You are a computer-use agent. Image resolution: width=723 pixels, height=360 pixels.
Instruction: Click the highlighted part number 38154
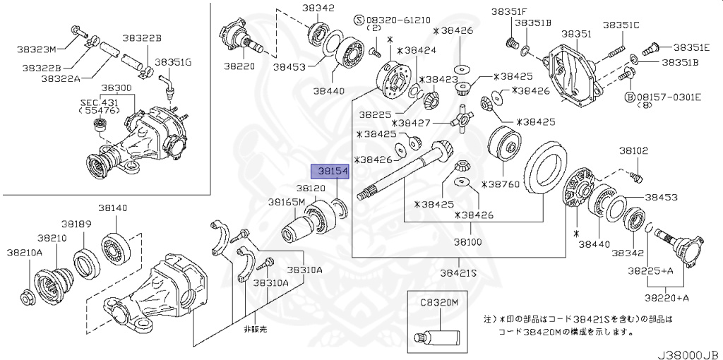[x=330, y=172]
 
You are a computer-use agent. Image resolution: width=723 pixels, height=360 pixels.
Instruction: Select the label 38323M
[x=36, y=49]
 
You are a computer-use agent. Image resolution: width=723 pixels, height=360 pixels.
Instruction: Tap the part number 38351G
[x=173, y=62]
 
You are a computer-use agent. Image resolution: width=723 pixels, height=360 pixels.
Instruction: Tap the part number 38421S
[x=458, y=272]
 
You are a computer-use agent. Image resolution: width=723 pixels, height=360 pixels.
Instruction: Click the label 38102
[x=634, y=151]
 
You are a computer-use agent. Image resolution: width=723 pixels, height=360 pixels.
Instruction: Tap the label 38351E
[x=691, y=47]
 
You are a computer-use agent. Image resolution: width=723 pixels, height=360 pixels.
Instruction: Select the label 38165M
[x=286, y=202]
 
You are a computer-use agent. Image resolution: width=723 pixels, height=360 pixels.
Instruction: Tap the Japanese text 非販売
[x=255, y=328]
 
